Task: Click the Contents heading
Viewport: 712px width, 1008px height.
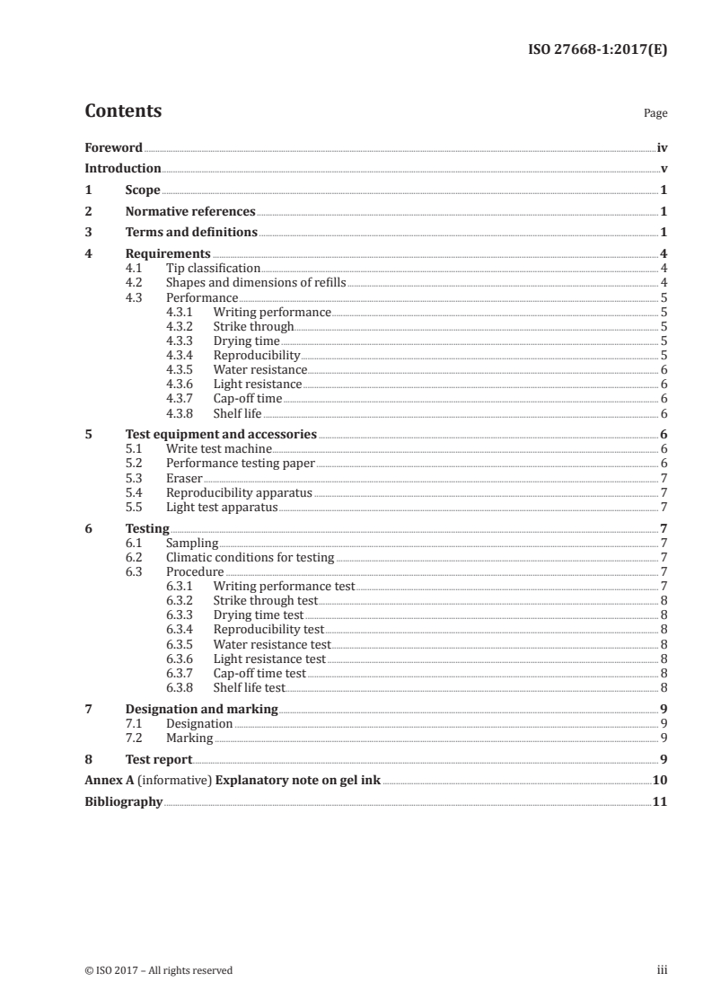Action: [x=123, y=111]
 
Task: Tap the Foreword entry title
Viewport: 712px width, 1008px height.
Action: [x=113, y=147]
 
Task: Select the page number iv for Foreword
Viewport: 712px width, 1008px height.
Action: [x=661, y=147]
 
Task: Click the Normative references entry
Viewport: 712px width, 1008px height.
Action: [x=190, y=212]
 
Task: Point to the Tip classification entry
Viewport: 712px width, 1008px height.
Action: [x=213, y=268]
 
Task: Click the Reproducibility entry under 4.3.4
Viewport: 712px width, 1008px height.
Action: [x=257, y=356]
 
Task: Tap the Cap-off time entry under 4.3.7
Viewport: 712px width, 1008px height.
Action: [x=248, y=399]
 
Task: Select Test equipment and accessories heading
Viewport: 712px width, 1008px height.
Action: [x=221, y=435]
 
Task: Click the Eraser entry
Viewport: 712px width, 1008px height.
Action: [x=184, y=478]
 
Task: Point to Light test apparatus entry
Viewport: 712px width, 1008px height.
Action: [x=222, y=508]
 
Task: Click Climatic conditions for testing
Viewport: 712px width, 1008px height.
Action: [x=250, y=558]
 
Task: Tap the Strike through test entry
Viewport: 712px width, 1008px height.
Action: [x=266, y=601]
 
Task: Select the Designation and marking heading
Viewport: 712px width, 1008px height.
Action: [x=201, y=710]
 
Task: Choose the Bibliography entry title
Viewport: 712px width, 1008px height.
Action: [x=123, y=801]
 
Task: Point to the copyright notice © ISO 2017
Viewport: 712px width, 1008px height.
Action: [x=158, y=970]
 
